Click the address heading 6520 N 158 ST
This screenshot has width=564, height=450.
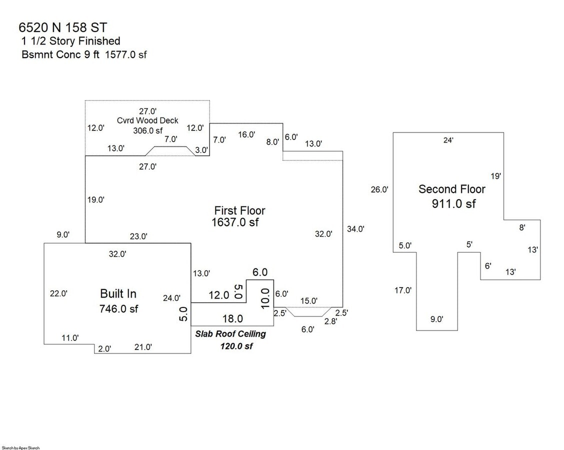pyautogui.click(x=63, y=27)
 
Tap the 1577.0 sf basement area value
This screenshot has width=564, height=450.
pyautogui.click(x=126, y=54)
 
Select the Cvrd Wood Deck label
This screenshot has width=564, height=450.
pyautogui.click(x=147, y=120)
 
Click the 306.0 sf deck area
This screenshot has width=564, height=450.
pyautogui.click(x=148, y=130)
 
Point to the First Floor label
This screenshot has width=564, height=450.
pyautogui.click(x=239, y=210)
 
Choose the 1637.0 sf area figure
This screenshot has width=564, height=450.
pyautogui.click(x=235, y=222)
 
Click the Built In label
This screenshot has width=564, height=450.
pyautogui.click(x=118, y=294)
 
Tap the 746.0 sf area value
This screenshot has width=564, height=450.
pyautogui.click(x=118, y=308)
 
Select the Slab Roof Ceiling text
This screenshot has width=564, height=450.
pyautogui.click(x=230, y=334)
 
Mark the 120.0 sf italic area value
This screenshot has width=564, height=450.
pyautogui.click(x=236, y=346)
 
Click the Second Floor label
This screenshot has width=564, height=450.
pyautogui.click(x=452, y=189)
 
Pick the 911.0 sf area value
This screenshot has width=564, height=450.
pyautogui.click(x=453, y=204)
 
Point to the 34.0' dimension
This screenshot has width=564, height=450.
pyautogui.click(x=355, y=229)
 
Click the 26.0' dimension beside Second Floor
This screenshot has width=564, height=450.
pyautogui.click(x=379, y=189)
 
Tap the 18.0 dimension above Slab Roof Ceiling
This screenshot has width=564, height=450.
pyautogui.click(x=232, y=318)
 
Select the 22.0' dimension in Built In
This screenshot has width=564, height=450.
pyautogui.click(x=58, y=293)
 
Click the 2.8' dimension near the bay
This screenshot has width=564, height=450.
pyautogui.click(x=330, y=321)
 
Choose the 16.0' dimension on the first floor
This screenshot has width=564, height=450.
pyautogui.click(x=246, y=134)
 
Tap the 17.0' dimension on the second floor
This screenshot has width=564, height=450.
pyautogui.click(x=403, y=290)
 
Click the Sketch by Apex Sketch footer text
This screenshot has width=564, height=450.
pyautogui.click(x=21, y=448)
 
